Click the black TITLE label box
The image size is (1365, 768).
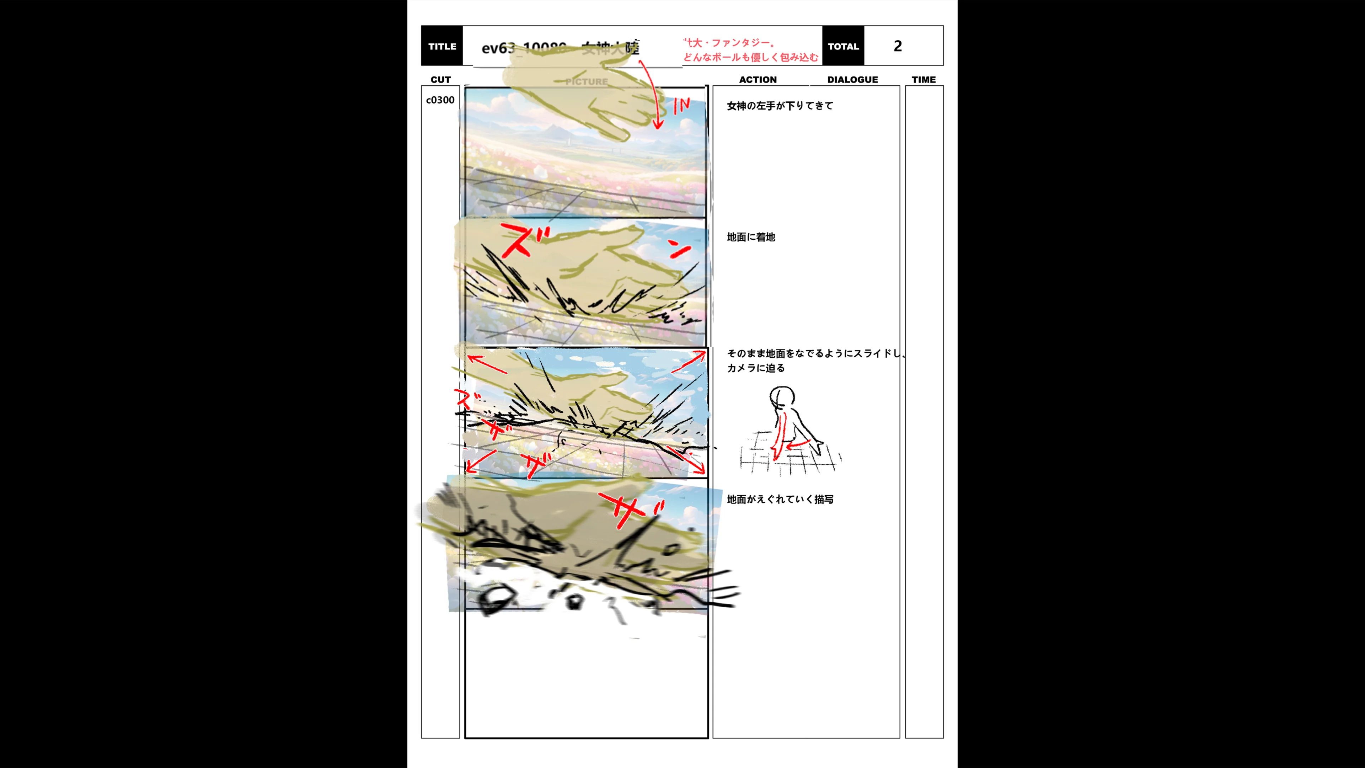[442, 46]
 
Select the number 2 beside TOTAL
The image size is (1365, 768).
[897, 46]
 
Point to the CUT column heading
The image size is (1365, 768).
[440, 80]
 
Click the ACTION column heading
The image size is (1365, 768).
[758, 80]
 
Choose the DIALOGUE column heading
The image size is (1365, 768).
[852, 80]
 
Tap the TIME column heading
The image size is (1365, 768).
[924, 80]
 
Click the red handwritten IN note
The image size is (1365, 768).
[681, 106]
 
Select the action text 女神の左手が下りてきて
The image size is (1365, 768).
[780, 106]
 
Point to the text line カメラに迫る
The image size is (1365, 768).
[756, 368]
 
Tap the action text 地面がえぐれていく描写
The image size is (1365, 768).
[780, 499]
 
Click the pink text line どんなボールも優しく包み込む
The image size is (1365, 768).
[750, 57]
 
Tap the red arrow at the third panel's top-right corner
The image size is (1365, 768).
[689, 362]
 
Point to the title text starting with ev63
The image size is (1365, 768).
[560, 48]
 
